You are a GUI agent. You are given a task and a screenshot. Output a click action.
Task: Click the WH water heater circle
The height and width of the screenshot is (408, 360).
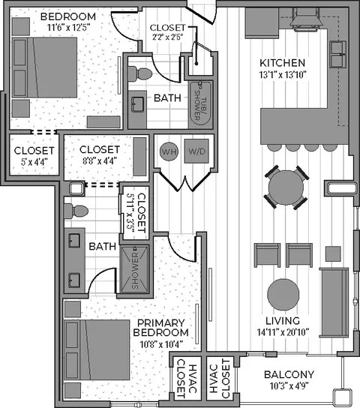click(169, 151)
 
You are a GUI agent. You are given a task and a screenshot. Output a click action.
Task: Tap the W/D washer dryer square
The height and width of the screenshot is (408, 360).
click(196, 151)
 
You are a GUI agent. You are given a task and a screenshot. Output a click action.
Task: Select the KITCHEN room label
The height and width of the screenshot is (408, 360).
click(283, 63)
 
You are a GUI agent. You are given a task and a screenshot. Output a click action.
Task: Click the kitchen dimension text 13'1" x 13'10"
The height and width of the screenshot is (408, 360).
click(283, 75)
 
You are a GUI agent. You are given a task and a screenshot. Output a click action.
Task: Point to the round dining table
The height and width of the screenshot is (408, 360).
click(286, 187)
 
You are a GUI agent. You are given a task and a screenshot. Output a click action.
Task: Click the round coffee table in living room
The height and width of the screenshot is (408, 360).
click(283, 294)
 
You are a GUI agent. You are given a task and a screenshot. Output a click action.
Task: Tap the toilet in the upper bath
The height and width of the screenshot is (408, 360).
click(140, 73)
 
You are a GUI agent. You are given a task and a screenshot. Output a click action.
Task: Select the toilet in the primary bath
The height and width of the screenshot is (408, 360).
click(76, 211)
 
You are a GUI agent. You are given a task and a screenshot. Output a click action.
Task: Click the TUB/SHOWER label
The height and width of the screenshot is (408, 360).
click(200, 105)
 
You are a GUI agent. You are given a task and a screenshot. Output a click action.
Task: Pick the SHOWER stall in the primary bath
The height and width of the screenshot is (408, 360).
click(134, 269)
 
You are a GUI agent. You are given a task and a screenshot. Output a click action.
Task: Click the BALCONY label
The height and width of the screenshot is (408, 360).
click(289, 374)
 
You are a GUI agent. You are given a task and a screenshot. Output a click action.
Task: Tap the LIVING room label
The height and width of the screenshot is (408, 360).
click(283, 320)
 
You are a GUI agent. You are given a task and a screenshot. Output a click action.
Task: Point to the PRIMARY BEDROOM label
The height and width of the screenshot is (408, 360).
click(160, 328)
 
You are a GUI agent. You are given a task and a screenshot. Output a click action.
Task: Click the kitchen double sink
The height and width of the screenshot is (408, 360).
click(338, 55)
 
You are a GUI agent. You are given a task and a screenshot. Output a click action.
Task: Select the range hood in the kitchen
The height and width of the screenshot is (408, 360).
click(307, 19)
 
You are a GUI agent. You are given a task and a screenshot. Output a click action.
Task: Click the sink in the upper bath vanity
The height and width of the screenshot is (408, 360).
click(137, 104)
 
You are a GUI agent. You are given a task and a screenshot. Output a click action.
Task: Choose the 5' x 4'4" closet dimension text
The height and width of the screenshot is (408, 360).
click(34, 162)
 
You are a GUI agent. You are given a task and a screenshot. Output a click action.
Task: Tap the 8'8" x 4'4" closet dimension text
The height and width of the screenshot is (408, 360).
click(100, 161)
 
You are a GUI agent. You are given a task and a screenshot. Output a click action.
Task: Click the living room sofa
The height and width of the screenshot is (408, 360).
click(334, 302)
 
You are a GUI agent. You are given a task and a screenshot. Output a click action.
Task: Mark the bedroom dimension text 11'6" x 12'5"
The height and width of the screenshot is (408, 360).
click(68, 27)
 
